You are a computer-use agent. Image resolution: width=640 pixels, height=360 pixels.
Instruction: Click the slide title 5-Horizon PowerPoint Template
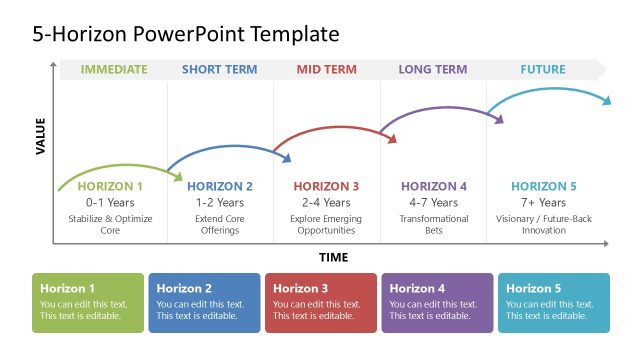[x=185, y=34]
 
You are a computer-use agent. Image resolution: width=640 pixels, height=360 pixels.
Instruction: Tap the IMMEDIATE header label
[x=114, y=70]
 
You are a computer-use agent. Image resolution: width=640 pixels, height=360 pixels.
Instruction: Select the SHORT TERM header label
[x=220, y=70]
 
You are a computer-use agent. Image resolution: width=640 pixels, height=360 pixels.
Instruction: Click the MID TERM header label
[x=326, y=70]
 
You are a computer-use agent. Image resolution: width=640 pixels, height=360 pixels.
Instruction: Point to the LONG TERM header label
[x=433, y=70]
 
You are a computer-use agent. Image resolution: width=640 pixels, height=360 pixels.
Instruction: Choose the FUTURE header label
[x=543, y=70]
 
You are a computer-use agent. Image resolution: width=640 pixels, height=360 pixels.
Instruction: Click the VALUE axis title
[x=41, y=136]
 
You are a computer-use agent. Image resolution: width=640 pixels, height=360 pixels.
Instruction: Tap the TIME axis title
[x=334, y=257]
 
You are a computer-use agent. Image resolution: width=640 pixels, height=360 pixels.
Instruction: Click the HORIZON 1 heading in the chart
[x=110, y=186]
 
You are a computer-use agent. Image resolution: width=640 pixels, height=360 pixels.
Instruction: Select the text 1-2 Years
[x=220, y=202]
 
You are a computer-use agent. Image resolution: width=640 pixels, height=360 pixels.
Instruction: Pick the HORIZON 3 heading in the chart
[x=326, y=186]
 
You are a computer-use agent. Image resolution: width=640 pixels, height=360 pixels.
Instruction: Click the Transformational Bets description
[x=434, y=223]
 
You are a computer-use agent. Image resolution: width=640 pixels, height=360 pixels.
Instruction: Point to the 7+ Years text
[x=544, y=202]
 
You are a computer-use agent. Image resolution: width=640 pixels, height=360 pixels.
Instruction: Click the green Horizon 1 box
[x=88, y=302]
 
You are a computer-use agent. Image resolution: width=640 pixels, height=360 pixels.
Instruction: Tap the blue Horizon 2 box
[x=204, y=302]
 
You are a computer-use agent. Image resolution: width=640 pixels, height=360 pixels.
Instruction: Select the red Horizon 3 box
[x=320, y=302]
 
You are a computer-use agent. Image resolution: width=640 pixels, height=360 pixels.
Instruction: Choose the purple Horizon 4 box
[x=437, y=302]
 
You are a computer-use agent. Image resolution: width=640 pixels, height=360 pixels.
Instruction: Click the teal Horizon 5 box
[x=553, y=302]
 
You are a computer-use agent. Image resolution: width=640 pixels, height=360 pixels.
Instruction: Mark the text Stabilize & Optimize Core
[x=110, y=223]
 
